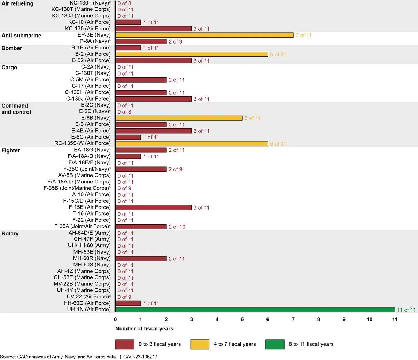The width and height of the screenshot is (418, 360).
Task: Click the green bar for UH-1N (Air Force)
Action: tap(255, 310)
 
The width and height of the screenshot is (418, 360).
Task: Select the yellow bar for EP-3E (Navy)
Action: tap(204, 35)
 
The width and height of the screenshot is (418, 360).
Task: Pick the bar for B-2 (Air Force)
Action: tap(192, 54)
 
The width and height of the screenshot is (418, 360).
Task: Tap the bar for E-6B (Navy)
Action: tap(179, 118)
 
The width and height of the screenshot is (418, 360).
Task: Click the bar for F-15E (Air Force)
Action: tap(154, 208)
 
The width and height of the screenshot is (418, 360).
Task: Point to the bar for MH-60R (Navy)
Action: tap(141, 258)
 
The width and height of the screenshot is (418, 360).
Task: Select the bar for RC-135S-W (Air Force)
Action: tap(192, 143)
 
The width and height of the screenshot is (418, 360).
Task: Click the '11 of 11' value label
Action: tap(407, 310)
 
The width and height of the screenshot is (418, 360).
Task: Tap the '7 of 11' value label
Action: tap(303, 35)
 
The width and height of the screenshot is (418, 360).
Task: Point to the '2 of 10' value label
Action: tap(177, 227)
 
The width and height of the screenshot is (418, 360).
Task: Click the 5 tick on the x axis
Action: tap(242, 319)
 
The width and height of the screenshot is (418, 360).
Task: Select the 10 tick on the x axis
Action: tap(369, 319)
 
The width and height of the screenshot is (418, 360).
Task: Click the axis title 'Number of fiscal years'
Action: tap(144, 328)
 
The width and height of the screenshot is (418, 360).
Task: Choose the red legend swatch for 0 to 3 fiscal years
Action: tap(125, 344)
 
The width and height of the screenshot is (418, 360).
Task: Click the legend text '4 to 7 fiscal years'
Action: tap(234, 344)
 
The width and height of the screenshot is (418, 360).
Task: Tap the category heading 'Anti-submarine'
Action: tap(21, 36)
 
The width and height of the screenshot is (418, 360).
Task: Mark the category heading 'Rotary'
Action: tap(10, 233)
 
